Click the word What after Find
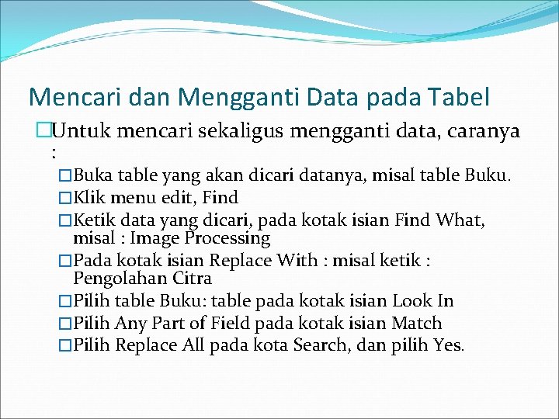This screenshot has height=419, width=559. coord(459,221)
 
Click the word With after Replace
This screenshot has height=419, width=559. coord(299,261)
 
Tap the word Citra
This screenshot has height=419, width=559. coord(191,278)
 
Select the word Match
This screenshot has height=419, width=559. coord(416,324)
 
